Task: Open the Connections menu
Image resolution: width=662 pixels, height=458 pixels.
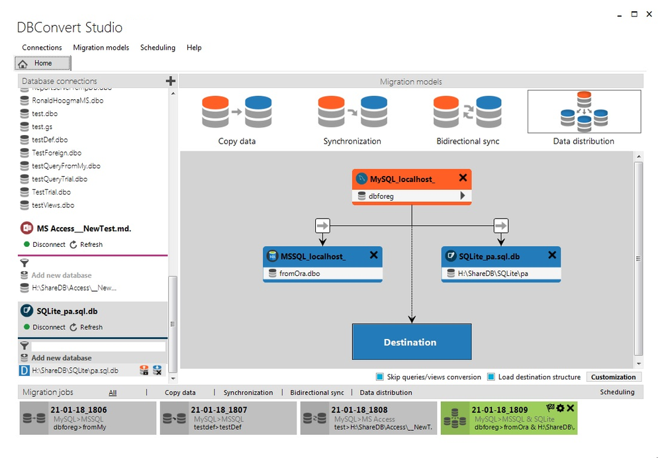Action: pyautogui.click(x=42, y=48)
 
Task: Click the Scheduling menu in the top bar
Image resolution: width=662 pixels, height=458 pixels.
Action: pyautogui.click(x=158, y=48)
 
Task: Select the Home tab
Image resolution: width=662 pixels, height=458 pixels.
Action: pyautogui.click(x=43, y=64)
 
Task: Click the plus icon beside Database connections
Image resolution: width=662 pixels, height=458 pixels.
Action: pyautogui.click(x=170, y=81)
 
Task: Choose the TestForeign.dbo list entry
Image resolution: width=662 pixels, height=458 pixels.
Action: pyautogui.click(x=56, y=153)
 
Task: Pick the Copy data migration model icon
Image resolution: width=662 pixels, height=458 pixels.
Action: pyautogui.click(x=236, y=112)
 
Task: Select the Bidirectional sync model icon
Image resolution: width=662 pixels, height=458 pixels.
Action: pyautogui.click(x=467, y=112)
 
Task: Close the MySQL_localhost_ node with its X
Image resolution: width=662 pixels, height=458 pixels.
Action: pyautogui.click(x=463, y=178)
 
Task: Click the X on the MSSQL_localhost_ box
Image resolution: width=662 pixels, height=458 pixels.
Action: pyautogui.click(x=373, y=255)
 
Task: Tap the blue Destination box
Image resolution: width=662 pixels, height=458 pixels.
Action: pyautogui.click(x=411, y=342)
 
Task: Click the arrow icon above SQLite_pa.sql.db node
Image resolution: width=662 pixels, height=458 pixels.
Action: pyautogui.click(x=501, y=226)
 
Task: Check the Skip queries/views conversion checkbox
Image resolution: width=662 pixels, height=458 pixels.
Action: pyautogui.click(x=380, y=377)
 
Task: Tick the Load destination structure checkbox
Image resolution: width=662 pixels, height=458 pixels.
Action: pyautogui.click(x=491, y=377)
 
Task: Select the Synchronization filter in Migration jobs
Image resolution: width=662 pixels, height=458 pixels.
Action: pyautogui.click(x=248, y=392)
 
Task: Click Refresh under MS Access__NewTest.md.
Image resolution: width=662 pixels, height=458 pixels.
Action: pyautogui.click(x=91, y=244)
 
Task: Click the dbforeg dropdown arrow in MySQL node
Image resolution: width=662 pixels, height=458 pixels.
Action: pyautogui.click(x=463, y=196)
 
